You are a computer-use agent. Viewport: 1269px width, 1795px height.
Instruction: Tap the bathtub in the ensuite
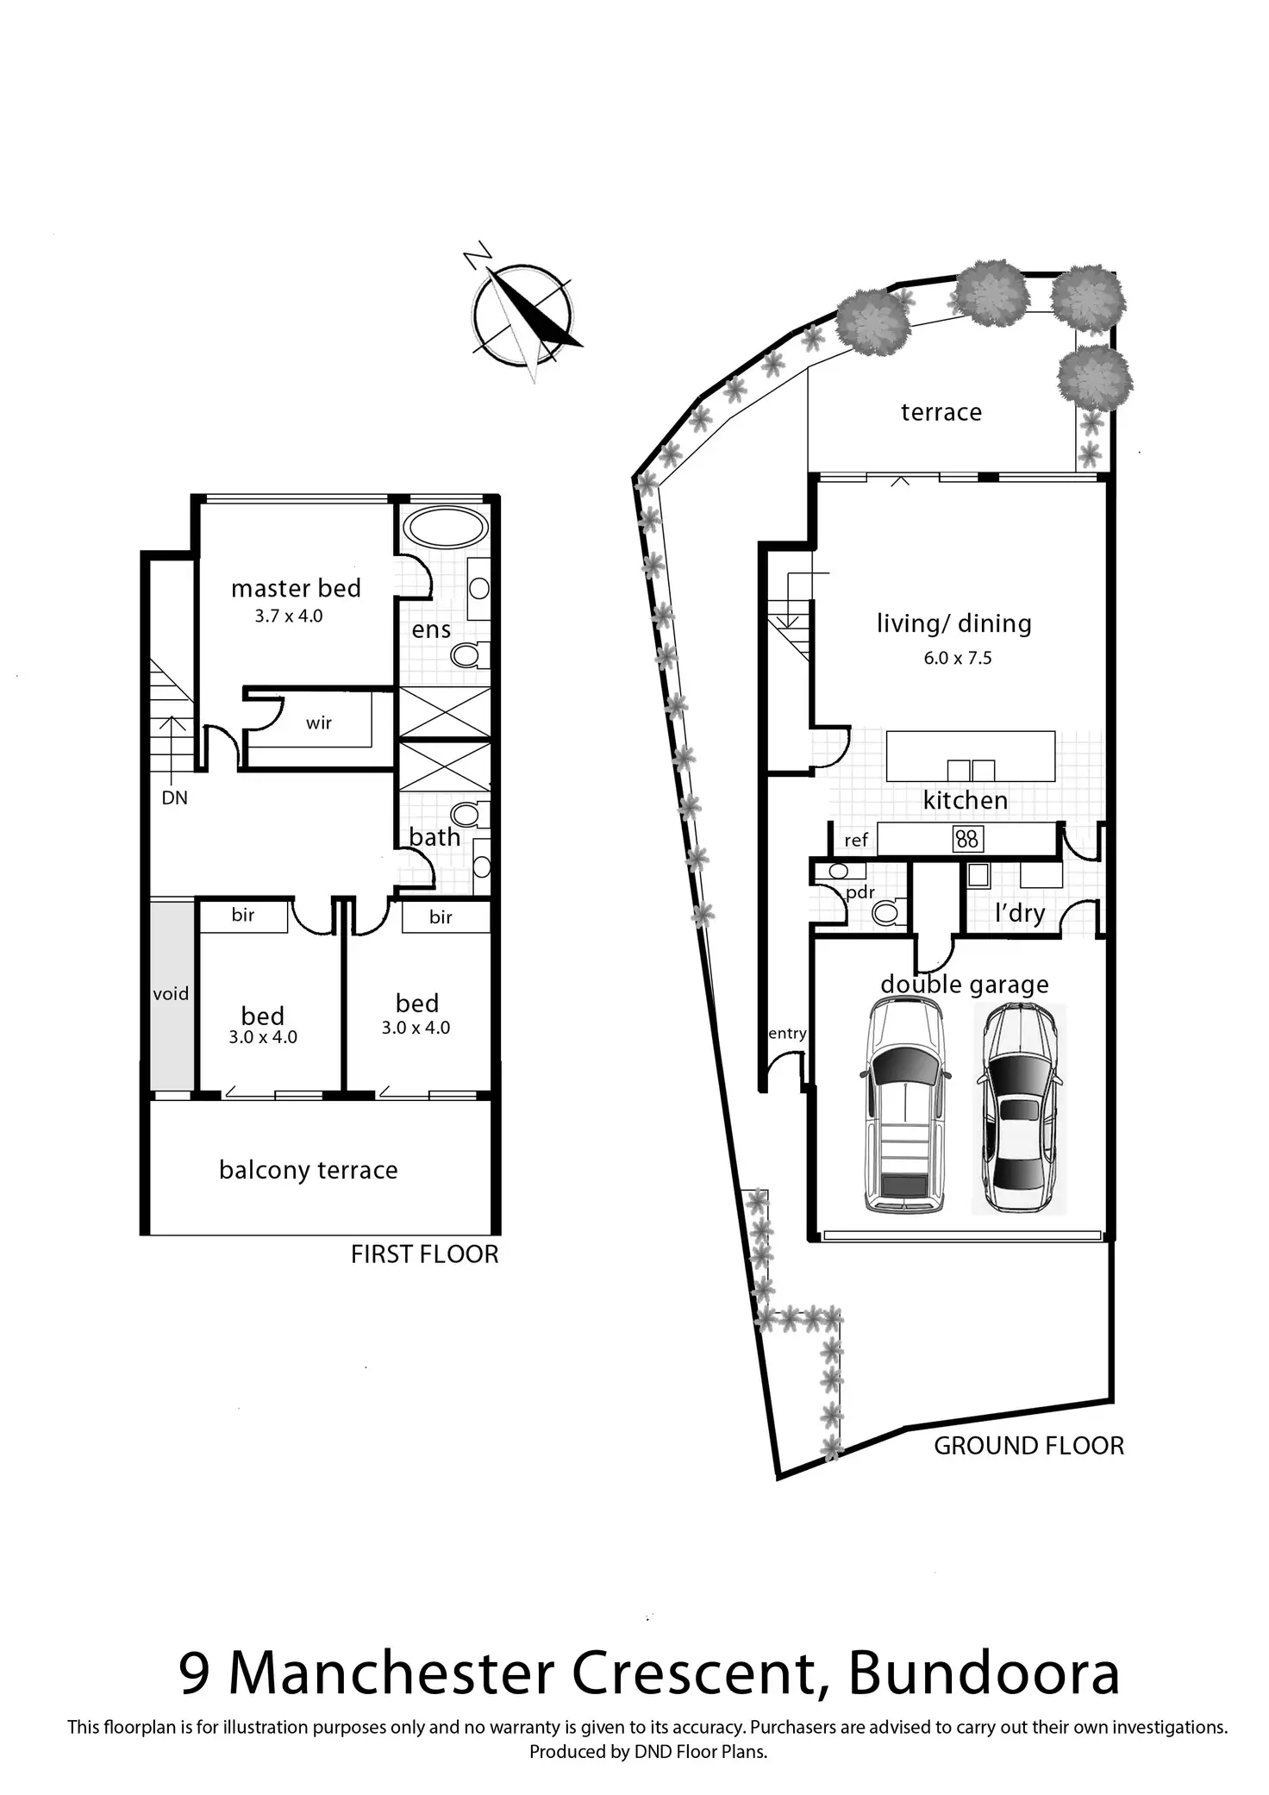445,526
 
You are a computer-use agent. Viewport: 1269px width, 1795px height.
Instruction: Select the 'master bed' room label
296,589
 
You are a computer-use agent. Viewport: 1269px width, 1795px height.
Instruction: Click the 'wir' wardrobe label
319,723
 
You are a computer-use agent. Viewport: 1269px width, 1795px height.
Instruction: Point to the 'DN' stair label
174,798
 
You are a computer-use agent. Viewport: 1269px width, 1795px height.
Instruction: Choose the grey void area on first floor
172,994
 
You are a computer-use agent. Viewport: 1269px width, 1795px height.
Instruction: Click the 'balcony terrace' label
309,1170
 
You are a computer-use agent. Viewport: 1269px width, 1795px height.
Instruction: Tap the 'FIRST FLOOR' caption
424,1254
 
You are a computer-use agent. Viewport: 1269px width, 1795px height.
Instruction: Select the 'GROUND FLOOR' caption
1028,1446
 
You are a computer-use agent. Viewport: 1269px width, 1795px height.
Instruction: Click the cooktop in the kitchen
967,838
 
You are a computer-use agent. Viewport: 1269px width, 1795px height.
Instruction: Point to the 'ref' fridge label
856,840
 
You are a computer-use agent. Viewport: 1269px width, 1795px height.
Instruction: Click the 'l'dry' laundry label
1020,913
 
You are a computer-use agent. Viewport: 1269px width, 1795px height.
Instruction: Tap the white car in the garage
905,1105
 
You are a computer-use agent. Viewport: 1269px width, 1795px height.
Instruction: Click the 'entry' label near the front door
786,1034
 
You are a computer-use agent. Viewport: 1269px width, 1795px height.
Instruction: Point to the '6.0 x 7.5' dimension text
958,659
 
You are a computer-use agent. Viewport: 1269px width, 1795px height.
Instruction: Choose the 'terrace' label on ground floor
941,412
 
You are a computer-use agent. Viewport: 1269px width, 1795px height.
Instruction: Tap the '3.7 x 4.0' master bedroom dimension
289,616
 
